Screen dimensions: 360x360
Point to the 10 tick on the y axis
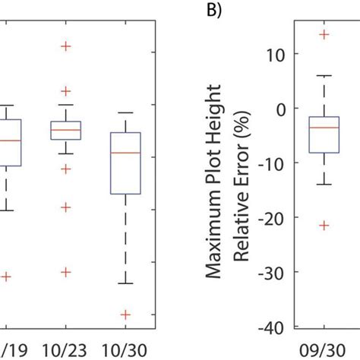(x=271, y=54)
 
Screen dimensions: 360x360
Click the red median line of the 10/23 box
(x=66, y=130)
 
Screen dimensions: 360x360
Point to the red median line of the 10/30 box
(x=125, y=153)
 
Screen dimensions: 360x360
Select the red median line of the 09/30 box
(x=324, y=127)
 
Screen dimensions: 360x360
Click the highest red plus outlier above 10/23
(x=66, y=46)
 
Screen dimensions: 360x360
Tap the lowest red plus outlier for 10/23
(x=66, y=272)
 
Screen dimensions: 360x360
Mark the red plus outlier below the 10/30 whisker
(x=125, y=314)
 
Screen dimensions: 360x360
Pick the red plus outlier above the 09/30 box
(x=324, y=35)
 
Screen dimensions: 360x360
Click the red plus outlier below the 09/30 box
(x=324, y=225)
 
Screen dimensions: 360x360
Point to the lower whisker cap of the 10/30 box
(x=125, y=283)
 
